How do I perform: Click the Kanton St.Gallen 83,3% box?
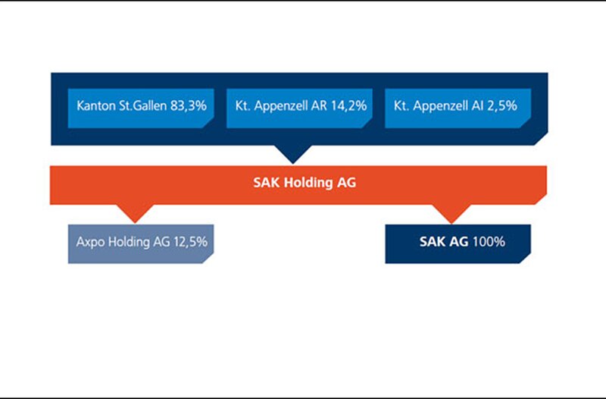tap(141, 108)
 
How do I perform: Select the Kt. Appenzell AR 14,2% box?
tap(299, 108)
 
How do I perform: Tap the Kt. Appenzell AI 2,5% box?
tap(458, 108)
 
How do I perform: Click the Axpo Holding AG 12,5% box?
tap(141, 243)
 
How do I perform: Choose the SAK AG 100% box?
tap(458, 243)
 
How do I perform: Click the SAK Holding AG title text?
tap(305, 183)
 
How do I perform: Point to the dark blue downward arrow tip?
tap(293, 163)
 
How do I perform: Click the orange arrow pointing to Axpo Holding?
tap(135, 214)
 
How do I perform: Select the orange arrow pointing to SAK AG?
tap(451, 214)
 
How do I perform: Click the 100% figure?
tap(489, 242)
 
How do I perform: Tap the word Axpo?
tap(90, 243)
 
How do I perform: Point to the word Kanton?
tap(96, 105)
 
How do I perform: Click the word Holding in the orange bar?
tap(308, 183)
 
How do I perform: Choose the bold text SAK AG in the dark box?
tap(444, 242)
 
